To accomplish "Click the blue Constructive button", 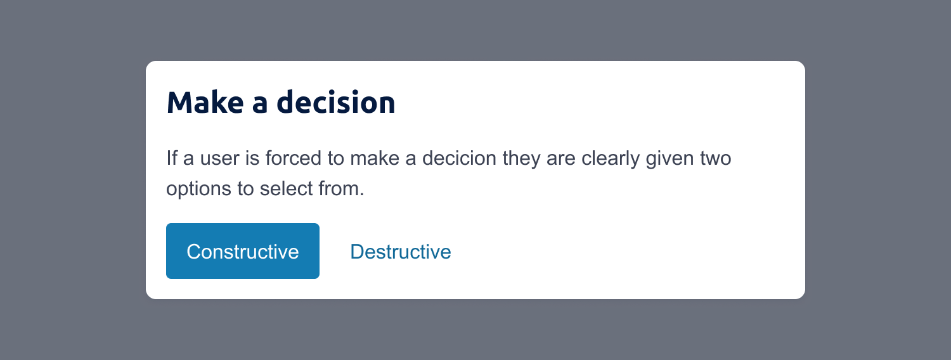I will click(242, 251).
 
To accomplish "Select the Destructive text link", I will click(400, 252).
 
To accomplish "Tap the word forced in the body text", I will click(295, 158).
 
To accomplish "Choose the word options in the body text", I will click(198, 189).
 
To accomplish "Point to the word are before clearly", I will click(561, 158).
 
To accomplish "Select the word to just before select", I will click(246, 189).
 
